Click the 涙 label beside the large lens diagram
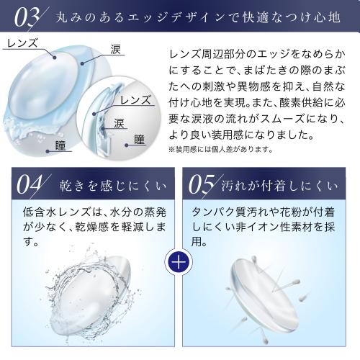click(116, 49)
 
